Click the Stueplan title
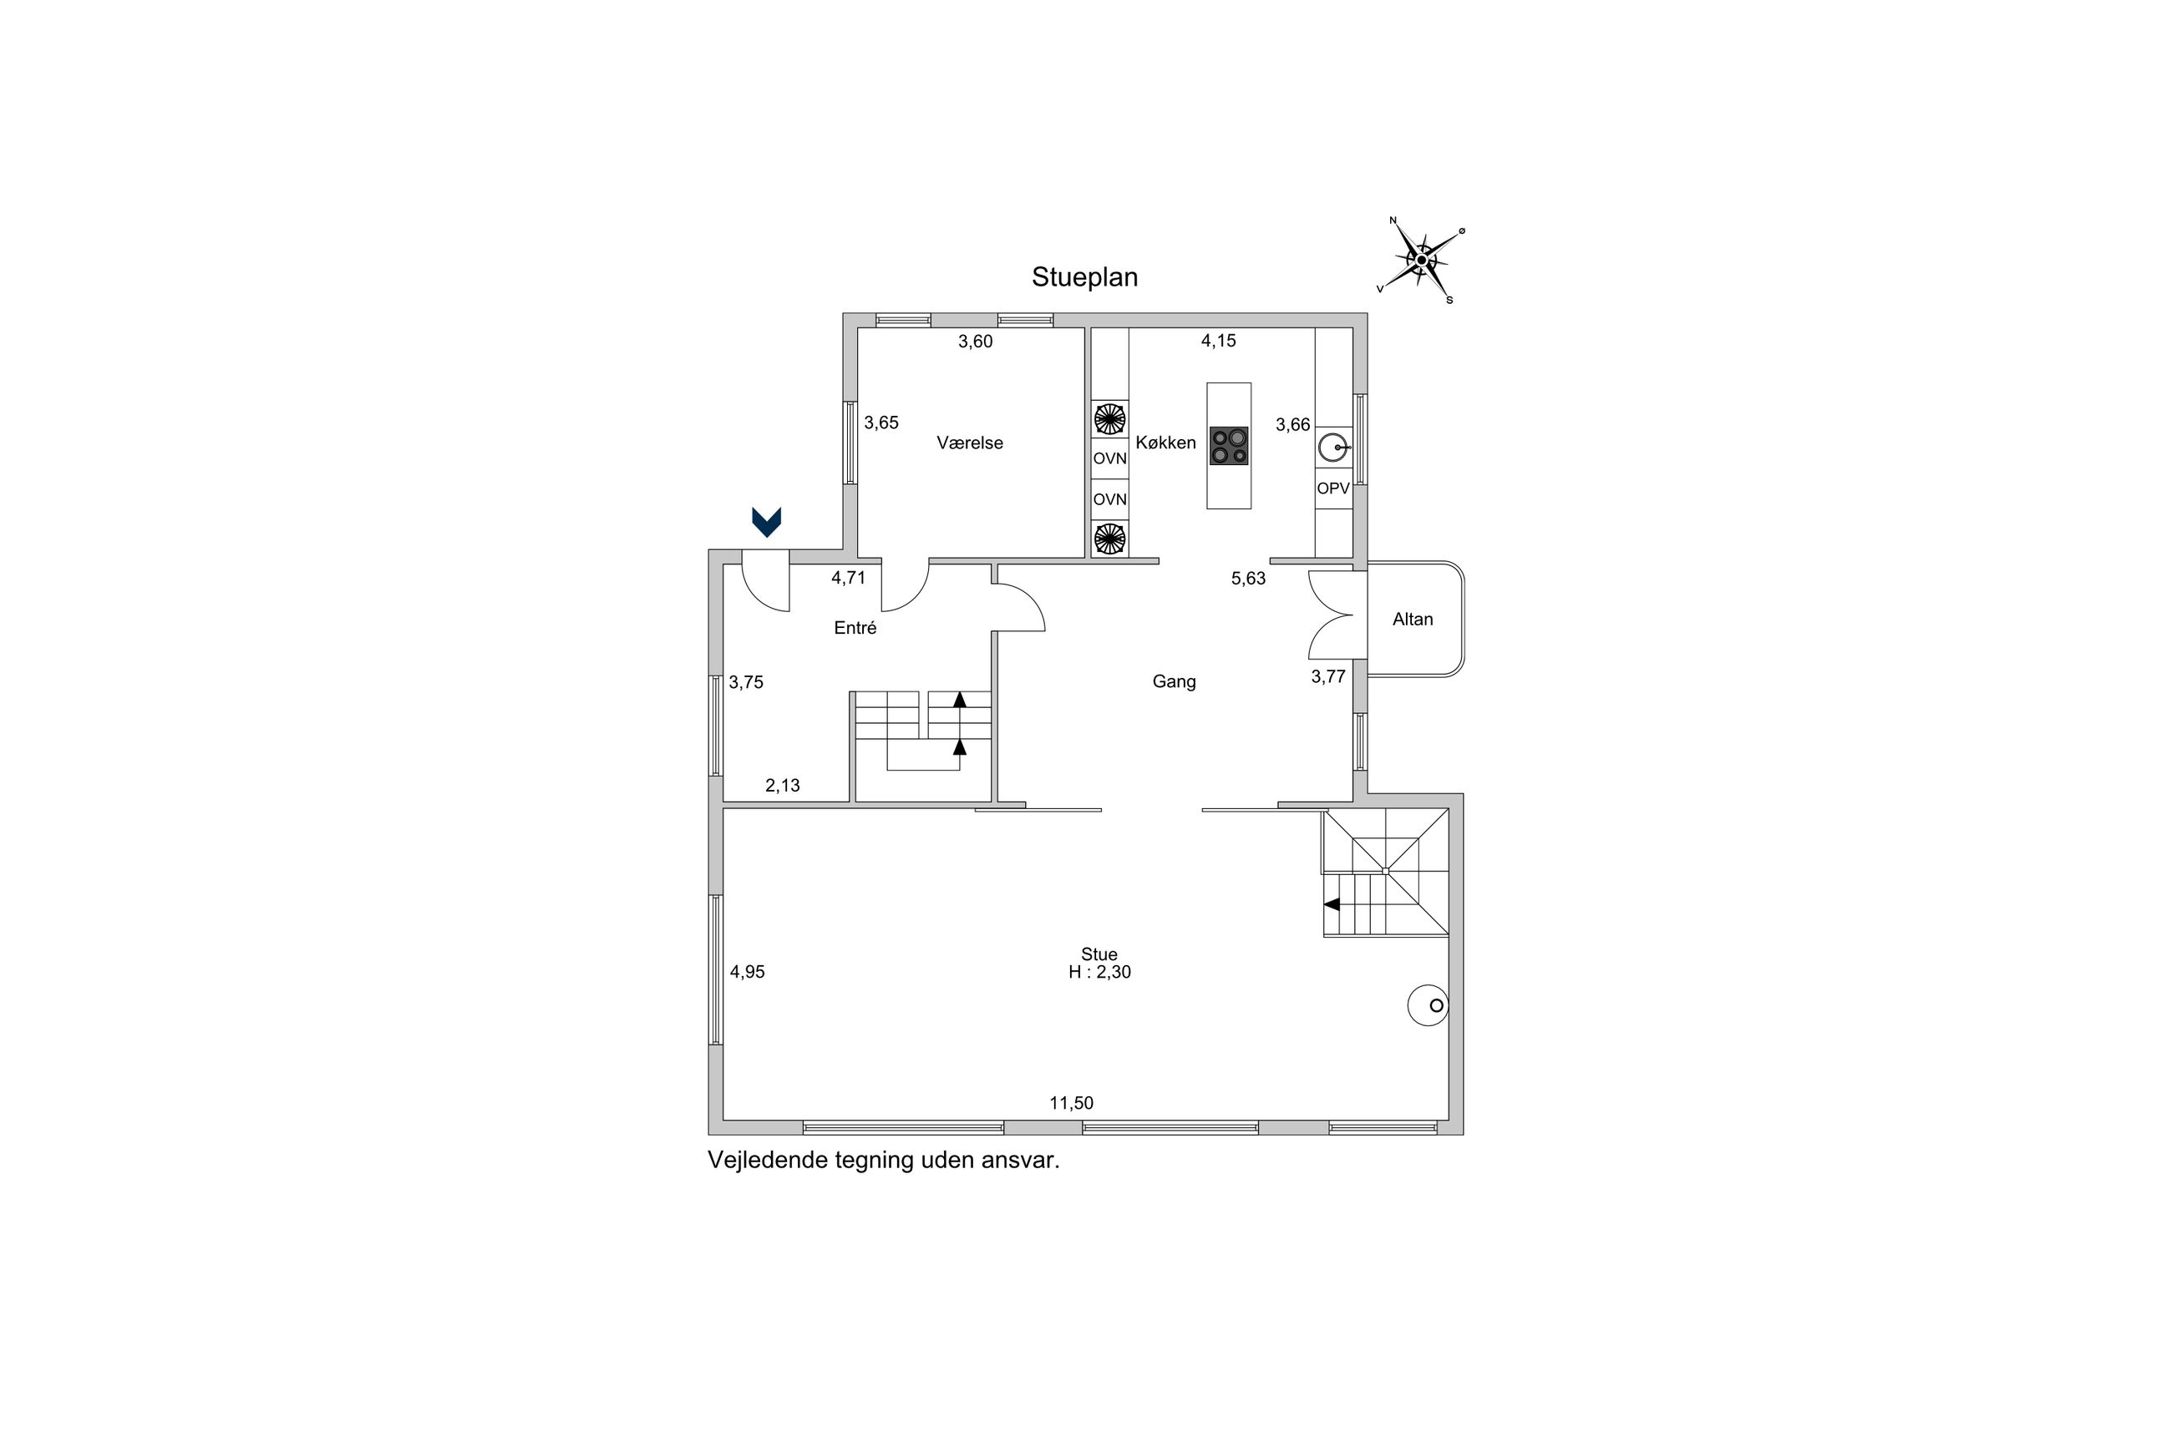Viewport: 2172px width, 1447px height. pos(1083,277)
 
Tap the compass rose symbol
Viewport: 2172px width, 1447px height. pos(1422,261)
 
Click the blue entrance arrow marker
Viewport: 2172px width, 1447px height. pos(766,523)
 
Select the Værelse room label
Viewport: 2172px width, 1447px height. pos(969,443)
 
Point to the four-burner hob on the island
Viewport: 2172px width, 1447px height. pos(1229,446)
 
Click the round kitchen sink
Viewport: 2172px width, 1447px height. pos(1332,448)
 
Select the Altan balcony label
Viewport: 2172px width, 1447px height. pos(1413,620)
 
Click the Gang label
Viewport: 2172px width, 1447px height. pos(1173,682)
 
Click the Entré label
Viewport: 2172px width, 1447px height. pos(855,629)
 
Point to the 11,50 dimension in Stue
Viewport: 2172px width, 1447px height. pos(1071,1103)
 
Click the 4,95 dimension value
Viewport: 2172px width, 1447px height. pos(747,972)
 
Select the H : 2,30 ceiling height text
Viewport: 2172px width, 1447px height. pos(1099,973)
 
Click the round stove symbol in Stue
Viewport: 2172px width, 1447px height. pos(1427,1006)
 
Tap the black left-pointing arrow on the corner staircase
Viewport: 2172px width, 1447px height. pos(1332,904)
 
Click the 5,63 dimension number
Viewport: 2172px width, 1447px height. pos(1248,579)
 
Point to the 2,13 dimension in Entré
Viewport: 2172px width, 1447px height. pos(782,786)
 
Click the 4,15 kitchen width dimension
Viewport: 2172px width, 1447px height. pos(1217,341)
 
